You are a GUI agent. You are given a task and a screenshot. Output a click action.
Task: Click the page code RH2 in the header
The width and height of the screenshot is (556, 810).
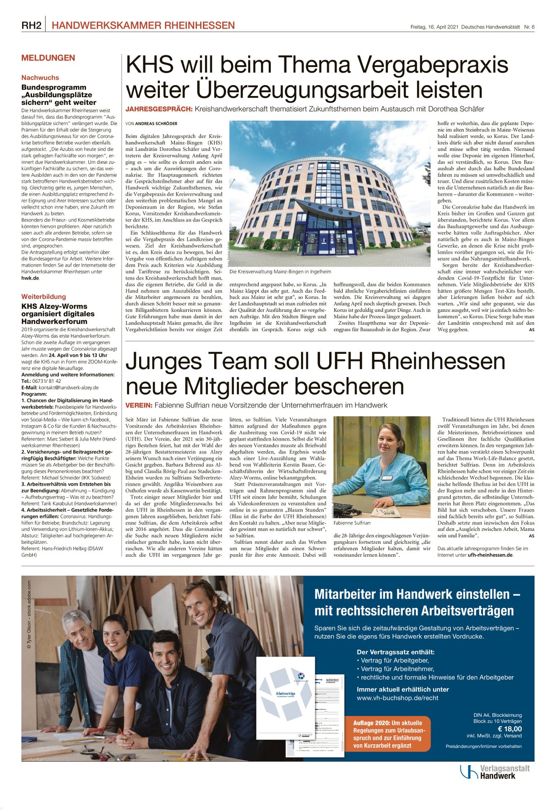pyautogui.click(x=31, y=26)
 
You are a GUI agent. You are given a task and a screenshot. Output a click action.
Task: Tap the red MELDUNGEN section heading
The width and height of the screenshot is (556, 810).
pyautogui.click(x=48, y=58)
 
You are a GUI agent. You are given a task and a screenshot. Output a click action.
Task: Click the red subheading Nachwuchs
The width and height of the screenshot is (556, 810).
pyautogui.click(x=40, y=78)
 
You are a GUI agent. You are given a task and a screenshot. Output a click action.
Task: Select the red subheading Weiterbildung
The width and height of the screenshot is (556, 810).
pyautogui.click(x=44, y=296)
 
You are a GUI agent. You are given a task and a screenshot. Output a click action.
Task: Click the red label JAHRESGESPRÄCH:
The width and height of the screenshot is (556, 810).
pyautogui.click(x=159, y=109)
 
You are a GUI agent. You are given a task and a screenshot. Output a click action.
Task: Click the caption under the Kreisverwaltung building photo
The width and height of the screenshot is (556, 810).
pyautogui.click(x=280, y=272)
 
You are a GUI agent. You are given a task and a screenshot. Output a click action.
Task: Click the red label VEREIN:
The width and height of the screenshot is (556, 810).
pyautogui.click(x=138, y=405)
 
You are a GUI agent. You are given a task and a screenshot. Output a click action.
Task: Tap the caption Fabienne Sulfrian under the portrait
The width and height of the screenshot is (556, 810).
pyautogui.click(x=352, y=523)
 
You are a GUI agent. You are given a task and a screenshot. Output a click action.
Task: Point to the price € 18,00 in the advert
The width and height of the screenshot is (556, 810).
pyautogui.click(x=509, y=729)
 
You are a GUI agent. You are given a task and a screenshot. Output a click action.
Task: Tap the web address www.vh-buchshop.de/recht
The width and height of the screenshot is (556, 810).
pyautogui.click(x=398, y=698)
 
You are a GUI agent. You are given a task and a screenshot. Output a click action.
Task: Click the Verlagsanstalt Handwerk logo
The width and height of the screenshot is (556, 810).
pyautogui.click(x=495, y=772)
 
